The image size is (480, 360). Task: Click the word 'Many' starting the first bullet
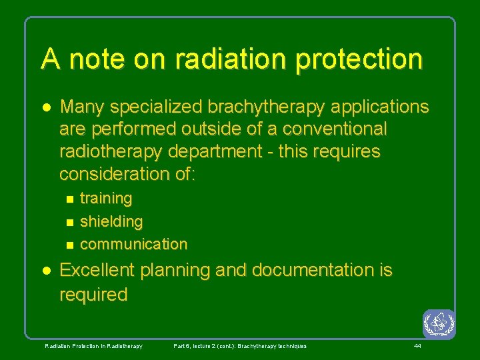81,107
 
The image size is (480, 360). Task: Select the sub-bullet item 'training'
106,199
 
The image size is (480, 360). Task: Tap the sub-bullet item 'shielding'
111,221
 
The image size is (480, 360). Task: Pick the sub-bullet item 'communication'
133,244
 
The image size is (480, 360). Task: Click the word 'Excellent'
96,271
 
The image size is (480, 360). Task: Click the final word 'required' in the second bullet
93,295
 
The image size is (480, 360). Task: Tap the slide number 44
417,346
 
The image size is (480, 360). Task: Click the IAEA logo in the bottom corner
439,324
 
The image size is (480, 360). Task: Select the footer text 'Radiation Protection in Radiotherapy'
93,346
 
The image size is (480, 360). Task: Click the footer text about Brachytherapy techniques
240,346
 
